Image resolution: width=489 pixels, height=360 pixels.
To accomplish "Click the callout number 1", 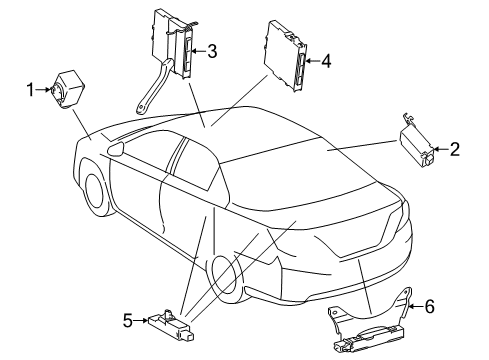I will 30,90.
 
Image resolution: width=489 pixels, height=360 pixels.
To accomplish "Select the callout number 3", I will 212,52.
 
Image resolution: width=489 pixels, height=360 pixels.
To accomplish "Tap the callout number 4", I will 326,62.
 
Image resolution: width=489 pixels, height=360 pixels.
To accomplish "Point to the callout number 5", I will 128,320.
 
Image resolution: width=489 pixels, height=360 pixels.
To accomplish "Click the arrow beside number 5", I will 144,320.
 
